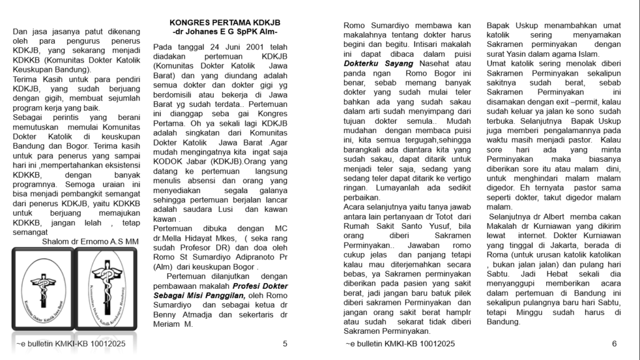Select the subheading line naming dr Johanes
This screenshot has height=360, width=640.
[224, 31]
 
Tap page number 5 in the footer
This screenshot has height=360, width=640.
[285, 344]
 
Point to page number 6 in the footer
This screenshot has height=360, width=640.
[614, 344]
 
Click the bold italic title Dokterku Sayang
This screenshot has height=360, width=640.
[374, 63]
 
